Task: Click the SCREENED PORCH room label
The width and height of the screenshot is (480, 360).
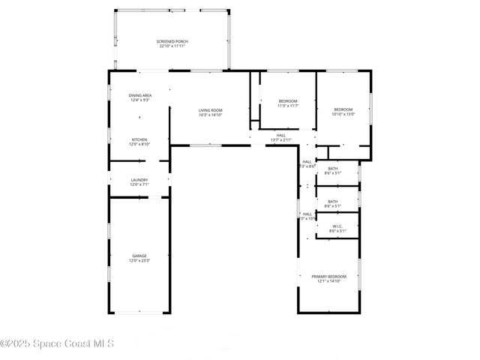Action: pos(172,41)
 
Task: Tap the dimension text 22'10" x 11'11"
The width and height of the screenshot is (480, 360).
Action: pos(172,46)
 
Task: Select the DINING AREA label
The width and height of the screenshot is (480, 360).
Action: pos(140,95)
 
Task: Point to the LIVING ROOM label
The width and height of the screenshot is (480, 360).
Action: pos(210,110)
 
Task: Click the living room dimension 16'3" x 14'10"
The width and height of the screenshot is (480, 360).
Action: pos(210,115)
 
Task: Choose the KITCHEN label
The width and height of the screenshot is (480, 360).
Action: pos(139,139)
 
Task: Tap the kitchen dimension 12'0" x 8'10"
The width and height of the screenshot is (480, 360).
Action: pos(139,144)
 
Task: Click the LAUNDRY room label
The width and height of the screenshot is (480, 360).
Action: pos(139,179)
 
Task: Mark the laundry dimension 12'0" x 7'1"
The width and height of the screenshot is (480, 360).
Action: pos(139,184)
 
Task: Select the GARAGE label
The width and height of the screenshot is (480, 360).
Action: pos(139,256)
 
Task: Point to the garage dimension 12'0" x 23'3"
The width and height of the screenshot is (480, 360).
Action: pos(139,261)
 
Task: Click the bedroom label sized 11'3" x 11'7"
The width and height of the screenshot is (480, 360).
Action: pos(288,101)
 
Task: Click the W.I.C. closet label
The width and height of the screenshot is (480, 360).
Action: pos(337,226)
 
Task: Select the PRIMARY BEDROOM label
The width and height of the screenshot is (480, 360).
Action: pos(328,276)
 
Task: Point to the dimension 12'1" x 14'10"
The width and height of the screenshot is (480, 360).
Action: pos(328,280)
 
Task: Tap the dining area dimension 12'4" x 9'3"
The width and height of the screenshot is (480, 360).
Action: pos(140,100)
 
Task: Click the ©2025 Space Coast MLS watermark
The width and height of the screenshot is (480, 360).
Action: pos(57,344)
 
